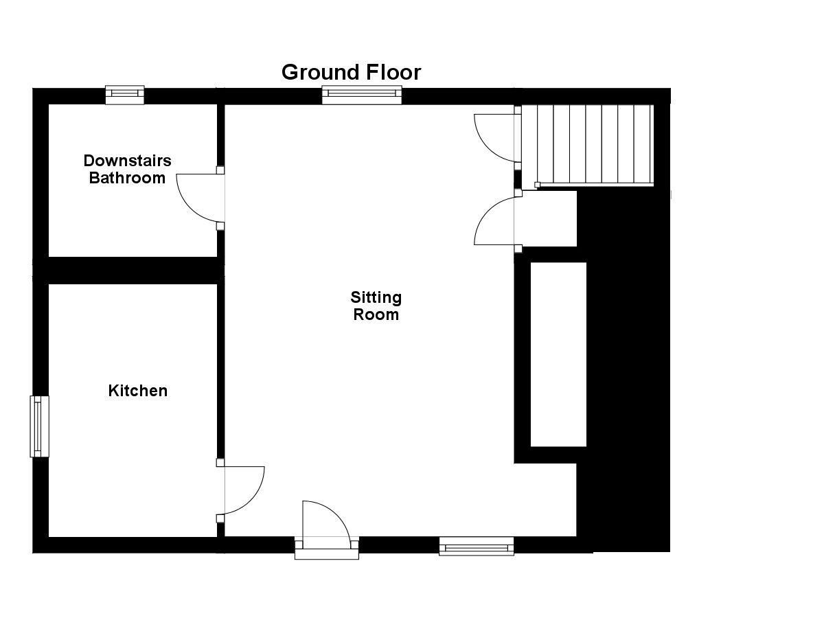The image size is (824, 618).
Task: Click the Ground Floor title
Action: (x=351, y=72)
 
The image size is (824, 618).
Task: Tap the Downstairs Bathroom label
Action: (x=127, y=170)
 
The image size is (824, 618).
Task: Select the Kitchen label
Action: (x=138, y=391)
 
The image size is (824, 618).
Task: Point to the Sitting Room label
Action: (x=376, y=306)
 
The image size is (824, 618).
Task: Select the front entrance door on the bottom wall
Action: (x=325, y=522)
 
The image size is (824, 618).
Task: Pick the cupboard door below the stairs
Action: (x=496, y=220)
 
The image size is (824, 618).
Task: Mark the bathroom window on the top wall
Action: (x=124, y=94)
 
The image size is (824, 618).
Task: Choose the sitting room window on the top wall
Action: (x=362, y=95)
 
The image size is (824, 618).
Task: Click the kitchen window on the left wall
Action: (x=39, y=426)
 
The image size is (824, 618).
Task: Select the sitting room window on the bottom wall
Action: (x=477, y=547)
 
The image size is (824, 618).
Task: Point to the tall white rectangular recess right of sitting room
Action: (x=558, y=354)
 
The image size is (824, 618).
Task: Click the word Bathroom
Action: (x=127, y=179)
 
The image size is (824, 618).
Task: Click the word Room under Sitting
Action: (x=376, y=315)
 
